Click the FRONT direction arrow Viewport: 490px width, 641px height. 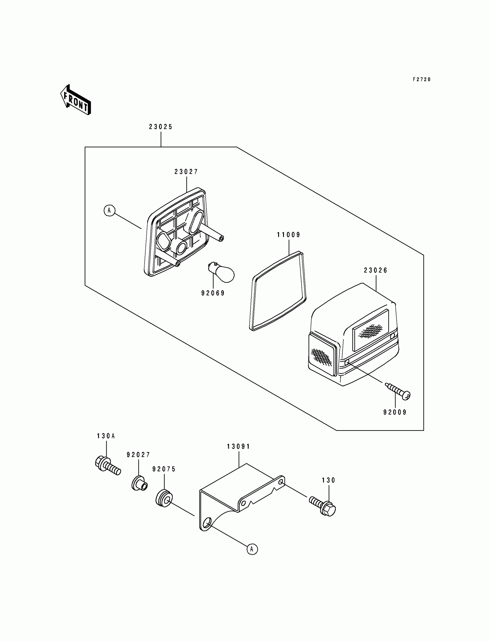[76, 100]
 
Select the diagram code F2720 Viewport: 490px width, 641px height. [421, 79]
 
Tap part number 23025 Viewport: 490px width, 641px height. [161, 127]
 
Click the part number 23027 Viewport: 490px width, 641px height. [186, 172]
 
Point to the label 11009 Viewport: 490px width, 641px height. [289, 235]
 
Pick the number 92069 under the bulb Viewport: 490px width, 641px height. [213, 293]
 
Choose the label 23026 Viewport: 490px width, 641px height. [376, 270]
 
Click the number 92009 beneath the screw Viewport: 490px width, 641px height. [395, 412]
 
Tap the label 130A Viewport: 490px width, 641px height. [106, 436]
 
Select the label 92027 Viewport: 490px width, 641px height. [138, 455]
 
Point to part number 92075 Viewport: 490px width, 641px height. [164, 469]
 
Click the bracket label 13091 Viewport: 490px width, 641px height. [239, 446]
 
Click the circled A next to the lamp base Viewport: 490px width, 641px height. [109, 210]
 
